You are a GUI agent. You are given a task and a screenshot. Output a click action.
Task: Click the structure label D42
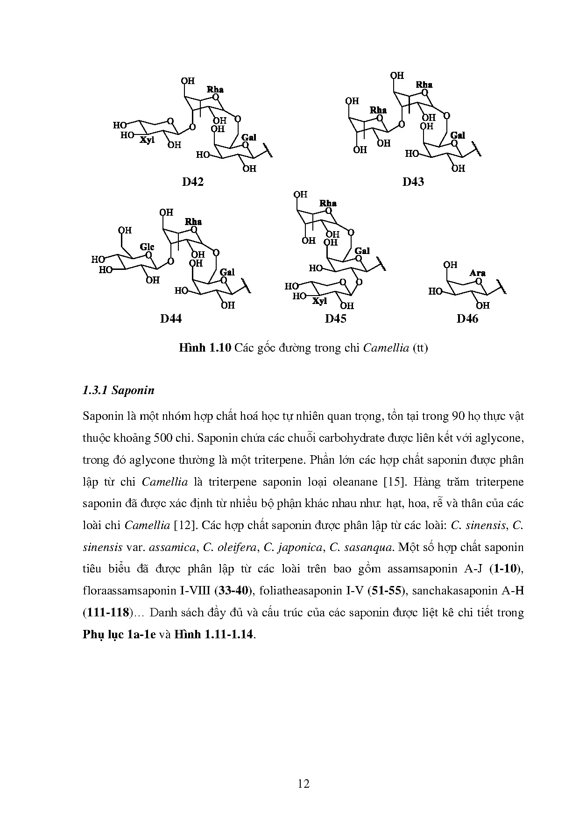click(192, 182)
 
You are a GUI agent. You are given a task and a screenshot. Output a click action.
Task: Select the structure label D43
click(413, 182)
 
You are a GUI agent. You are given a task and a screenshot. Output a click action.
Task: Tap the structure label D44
click(170, 318)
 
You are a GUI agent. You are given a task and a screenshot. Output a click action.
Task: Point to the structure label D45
click(336, 318)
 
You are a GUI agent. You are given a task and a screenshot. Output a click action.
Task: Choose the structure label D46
click(467, 318)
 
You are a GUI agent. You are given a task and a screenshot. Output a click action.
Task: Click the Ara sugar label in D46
click(477, 273)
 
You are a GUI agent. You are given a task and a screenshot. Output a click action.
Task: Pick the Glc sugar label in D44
click(147, 247)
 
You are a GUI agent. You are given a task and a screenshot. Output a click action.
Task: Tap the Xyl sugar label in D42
click(148, 139)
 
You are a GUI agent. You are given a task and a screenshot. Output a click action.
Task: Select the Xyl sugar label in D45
click(319, 301)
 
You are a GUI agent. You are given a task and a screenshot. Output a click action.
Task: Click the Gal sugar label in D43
click(458, 135)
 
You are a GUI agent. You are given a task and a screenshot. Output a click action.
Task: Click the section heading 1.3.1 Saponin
click(118, 390)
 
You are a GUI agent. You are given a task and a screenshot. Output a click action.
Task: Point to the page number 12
click(304, 784)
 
